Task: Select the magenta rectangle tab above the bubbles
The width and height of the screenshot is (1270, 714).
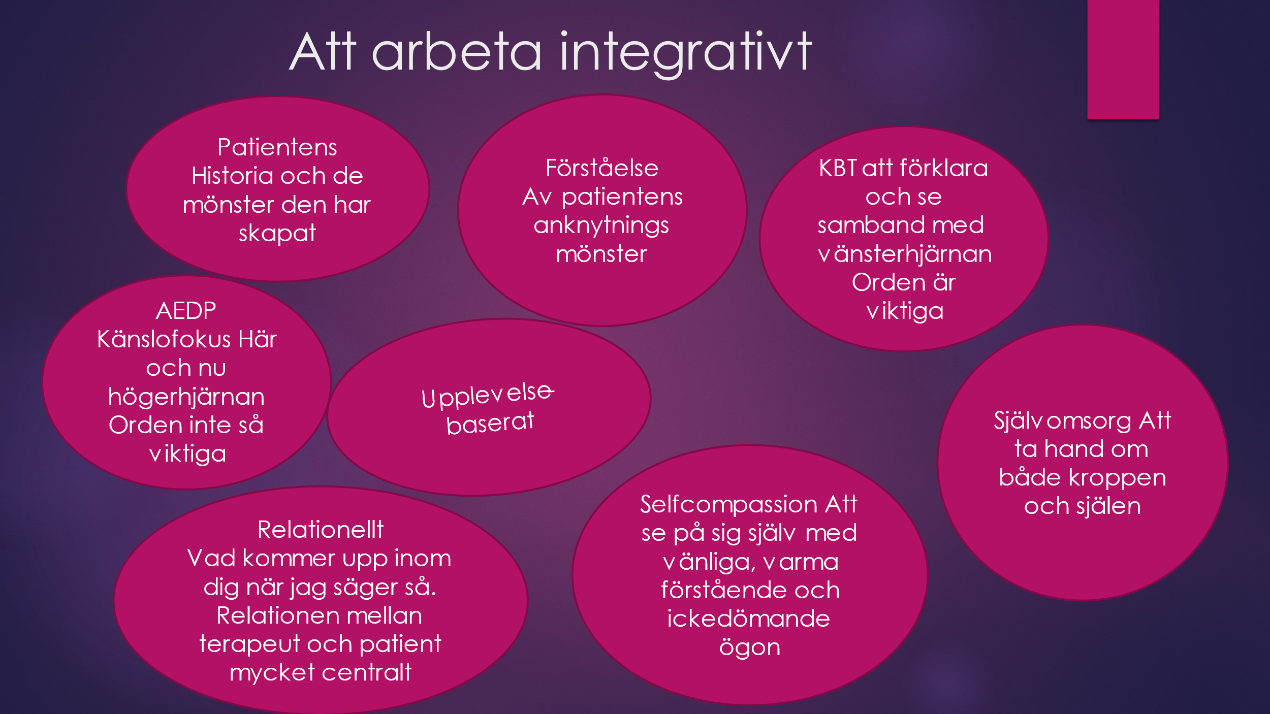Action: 1123,59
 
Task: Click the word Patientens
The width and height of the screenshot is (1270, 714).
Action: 277,147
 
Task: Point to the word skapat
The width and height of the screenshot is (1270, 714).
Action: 277,234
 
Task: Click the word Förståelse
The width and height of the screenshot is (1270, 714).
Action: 602,168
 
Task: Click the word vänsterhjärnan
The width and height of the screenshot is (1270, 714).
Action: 905,254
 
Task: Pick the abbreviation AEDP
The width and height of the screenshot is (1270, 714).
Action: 186,311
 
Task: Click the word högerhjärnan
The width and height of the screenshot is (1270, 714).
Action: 186,397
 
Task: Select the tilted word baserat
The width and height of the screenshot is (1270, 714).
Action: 490,423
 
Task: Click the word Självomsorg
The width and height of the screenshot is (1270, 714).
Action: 1063,421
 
